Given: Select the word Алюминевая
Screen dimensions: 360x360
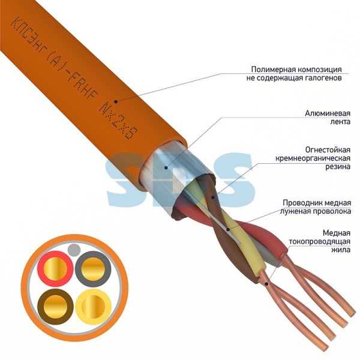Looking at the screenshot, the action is (x=328, y=113).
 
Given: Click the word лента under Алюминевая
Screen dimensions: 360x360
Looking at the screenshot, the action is (x=340, y=122).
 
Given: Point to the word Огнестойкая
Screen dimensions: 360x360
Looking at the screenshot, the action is (x=328, y=150).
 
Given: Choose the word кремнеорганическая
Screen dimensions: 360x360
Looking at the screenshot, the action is (x=313, y=158).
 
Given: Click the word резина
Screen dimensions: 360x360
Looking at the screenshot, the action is (x=338, y=166).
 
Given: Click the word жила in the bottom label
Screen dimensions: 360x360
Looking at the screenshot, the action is (x=341, y=250).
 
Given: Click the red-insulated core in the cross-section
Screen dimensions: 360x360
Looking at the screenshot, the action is (x=55, y=269).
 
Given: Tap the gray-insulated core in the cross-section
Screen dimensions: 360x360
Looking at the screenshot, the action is (x=93, y=269).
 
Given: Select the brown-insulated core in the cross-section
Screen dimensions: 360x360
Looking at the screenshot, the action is (x=55, y=307).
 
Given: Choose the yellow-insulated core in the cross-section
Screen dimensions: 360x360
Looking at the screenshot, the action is (x=93, y=307).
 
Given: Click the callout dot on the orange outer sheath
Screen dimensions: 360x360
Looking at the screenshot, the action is (x=116, y=101).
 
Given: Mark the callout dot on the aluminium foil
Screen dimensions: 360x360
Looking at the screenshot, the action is (x=166, y=167).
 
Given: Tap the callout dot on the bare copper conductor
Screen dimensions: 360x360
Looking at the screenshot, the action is (x=266, y=284).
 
